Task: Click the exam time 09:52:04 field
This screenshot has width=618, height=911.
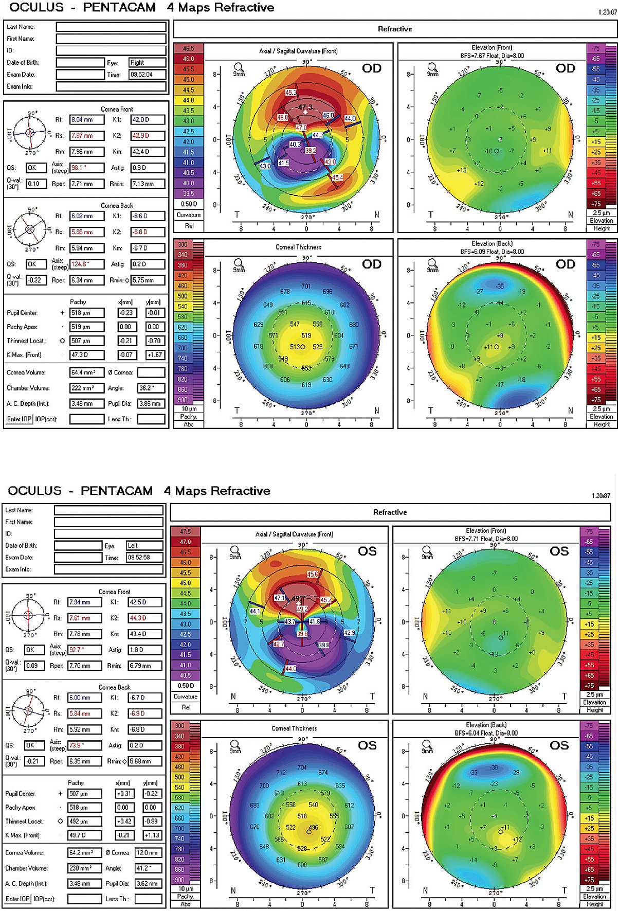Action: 147,75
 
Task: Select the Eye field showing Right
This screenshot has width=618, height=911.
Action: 147,63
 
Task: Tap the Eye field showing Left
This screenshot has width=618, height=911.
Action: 144,546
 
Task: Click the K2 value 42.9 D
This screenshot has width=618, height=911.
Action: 148,136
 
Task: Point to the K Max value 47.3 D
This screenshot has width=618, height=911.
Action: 86,355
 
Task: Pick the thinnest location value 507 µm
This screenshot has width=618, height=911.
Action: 86,341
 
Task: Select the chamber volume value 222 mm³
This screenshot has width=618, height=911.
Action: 86,388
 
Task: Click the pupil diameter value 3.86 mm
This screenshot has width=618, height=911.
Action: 151,404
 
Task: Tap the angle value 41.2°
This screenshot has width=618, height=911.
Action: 148,868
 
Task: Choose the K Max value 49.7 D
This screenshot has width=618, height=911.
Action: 84,835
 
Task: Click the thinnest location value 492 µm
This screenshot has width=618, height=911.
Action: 84,821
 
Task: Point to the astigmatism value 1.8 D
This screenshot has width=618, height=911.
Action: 144,650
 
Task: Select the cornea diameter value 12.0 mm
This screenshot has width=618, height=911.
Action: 148,853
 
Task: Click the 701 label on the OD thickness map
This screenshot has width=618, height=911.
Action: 306,287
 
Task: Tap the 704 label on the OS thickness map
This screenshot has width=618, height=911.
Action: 302,767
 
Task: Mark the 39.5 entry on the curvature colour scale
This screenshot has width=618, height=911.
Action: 189,193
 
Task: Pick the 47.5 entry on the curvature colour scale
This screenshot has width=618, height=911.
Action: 185,531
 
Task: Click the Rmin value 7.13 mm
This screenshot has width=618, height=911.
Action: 148,184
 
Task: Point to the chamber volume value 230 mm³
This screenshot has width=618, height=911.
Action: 84,868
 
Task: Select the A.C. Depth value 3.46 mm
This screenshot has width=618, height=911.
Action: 86,404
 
